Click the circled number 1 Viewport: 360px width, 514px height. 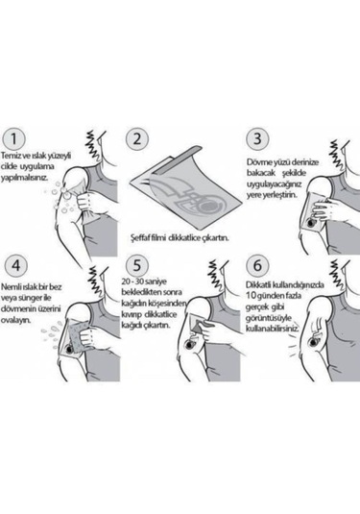click(13, 138)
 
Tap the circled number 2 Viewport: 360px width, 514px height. click(137, 138)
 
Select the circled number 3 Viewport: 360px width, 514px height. click(257, 138)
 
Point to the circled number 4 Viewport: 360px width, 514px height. click(15, 265)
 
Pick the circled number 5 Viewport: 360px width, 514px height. click(137, 265)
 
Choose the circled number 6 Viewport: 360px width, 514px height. click(257, 265)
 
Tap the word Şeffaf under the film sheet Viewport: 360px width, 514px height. click(140, 238)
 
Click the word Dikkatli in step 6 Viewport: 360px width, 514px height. click(258, 284)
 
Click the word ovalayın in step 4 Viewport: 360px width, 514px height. click(15, 321)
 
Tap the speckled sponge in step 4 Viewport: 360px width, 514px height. click(78, 335)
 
